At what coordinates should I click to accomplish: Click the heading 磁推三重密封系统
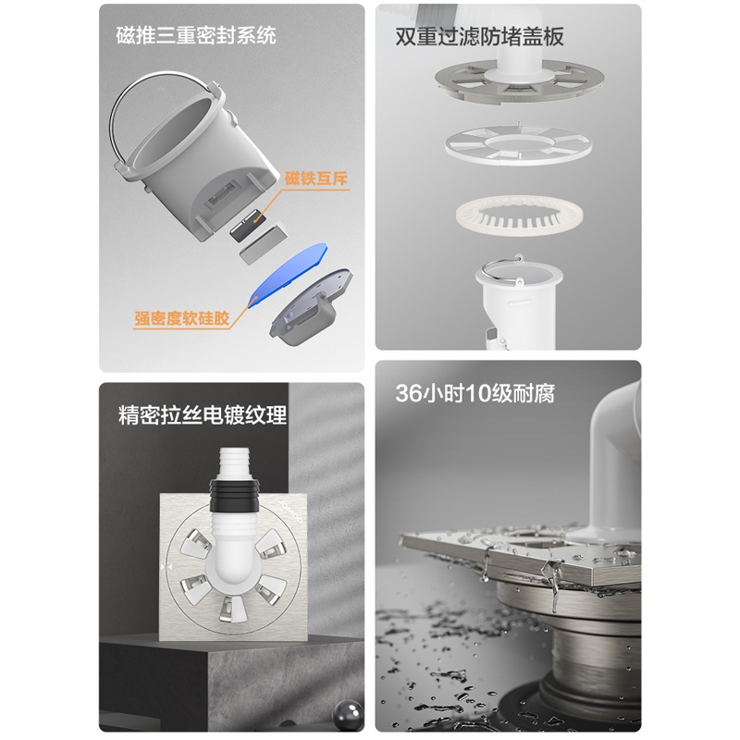coord(196,36)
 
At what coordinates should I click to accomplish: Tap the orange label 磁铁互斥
coord(315,179)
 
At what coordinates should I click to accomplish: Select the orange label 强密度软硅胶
coord(181,318)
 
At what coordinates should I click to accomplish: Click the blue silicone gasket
coord(288,275)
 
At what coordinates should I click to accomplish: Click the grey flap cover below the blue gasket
coord(311,307)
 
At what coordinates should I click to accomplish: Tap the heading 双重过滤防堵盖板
coord(479,36)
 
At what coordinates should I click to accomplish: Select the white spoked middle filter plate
coord(518,145)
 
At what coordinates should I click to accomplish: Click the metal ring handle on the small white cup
coord(500,271)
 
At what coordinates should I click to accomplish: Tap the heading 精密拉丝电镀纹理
coord(203,415)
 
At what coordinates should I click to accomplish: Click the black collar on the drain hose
coord(235,496)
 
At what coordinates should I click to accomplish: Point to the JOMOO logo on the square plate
coord(290,512)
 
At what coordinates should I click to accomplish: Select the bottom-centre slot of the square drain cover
coord(233,608)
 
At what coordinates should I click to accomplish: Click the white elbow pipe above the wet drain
coord(612,462)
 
